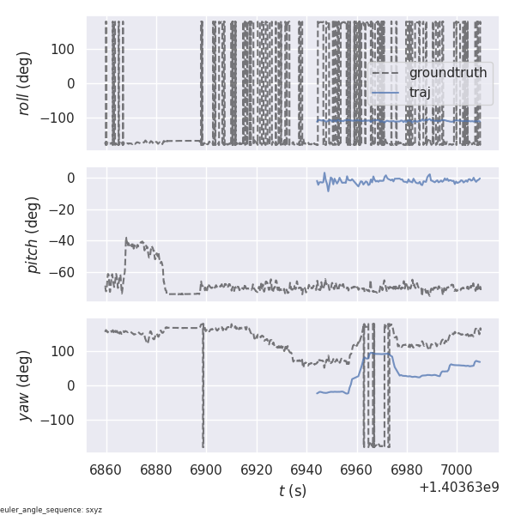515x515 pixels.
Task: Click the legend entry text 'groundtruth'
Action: (x=448, y=73)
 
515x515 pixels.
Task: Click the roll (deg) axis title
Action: (x=25, y=83)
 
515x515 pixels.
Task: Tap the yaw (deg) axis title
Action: (x=25, y=385)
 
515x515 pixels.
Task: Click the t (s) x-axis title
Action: (x=292, y=491)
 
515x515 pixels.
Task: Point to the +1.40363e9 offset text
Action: (x=459, y=487)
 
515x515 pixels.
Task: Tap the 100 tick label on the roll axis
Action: (x=64, y=49)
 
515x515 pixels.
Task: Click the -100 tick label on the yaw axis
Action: (x=62, y=420)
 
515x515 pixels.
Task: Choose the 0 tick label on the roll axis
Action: (x=74, y=83)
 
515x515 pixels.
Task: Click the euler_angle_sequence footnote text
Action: (x=51, y=510)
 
